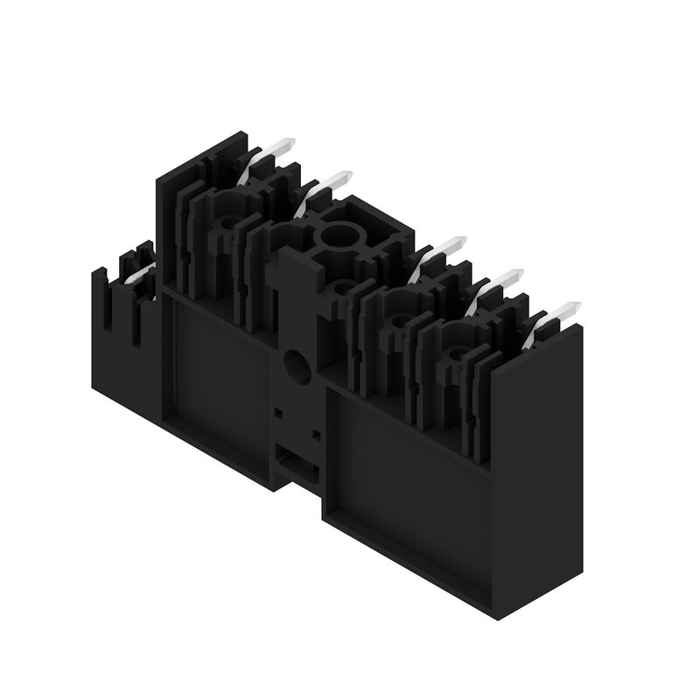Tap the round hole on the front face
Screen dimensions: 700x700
pos(297,364)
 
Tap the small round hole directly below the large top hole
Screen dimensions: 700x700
pos(342,288)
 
